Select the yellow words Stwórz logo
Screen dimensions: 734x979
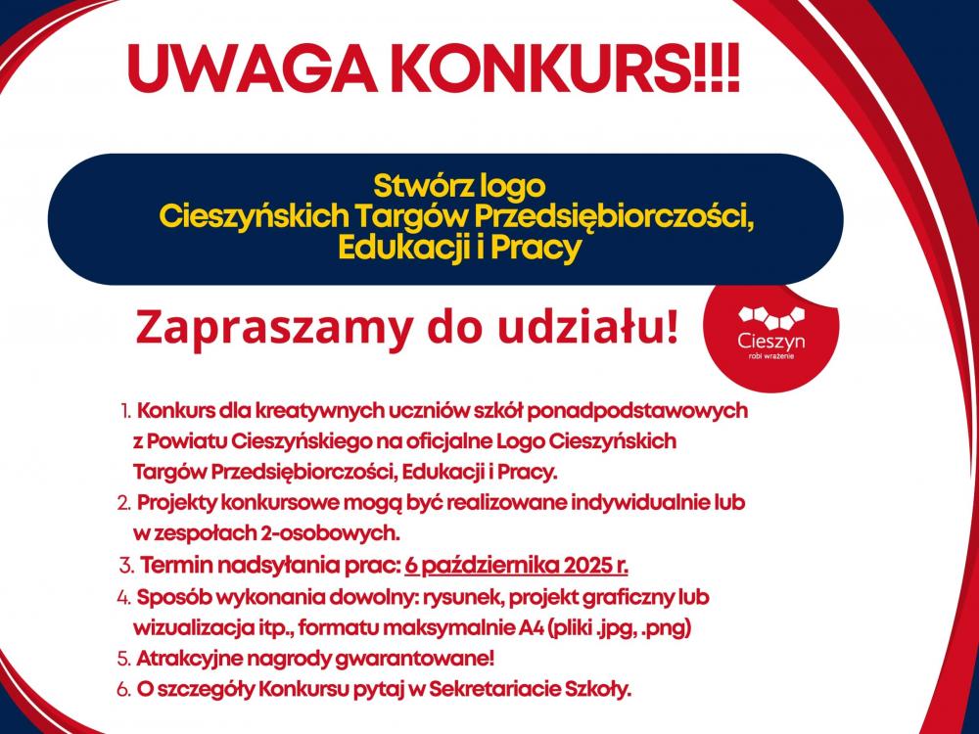(x=458, y=183)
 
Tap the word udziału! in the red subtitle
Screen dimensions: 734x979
(x=593, y=327)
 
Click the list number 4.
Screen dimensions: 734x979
(x=123, y=596)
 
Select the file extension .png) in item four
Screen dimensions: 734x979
(x=677, y=626)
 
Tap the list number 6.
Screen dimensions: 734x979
(x=123, y=689)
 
